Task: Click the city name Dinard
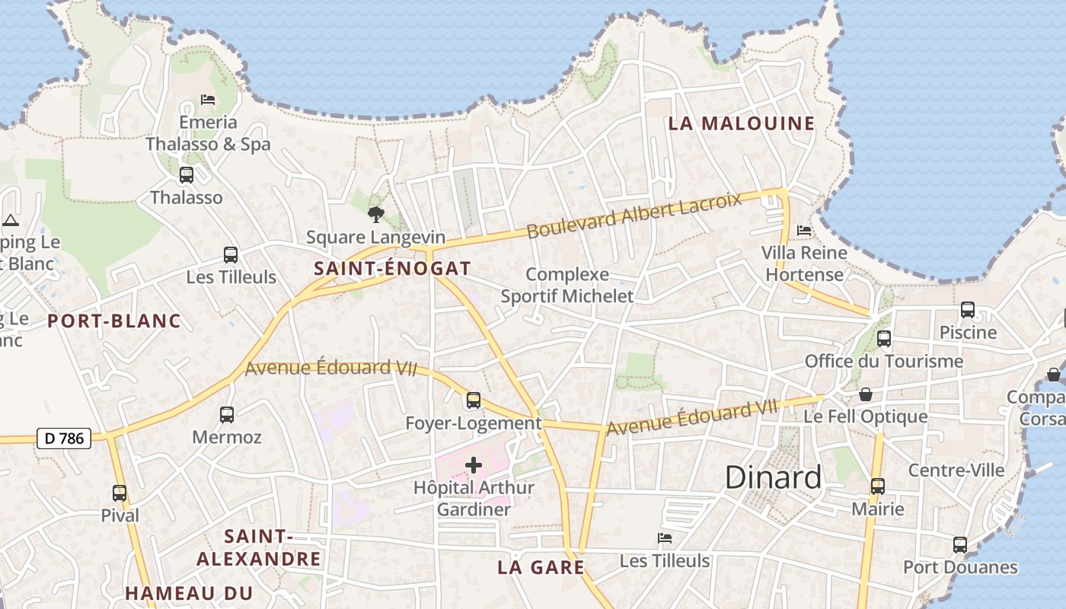coord(773,477)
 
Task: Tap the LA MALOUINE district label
coord(741,123)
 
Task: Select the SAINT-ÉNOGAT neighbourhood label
coord(392,268)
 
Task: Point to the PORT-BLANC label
coord(114,320)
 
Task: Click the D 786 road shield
coord(64,438)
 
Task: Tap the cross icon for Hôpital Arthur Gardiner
coord(474,465)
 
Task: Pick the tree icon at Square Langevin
coord(375,214)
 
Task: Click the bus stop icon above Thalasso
coord(187,175)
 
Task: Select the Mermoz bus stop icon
coord(227,414)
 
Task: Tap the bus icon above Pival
coord(120,493)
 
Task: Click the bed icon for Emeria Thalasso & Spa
coord(207,100)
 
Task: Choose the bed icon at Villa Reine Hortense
coord(803,230)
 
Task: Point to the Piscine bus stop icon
coord(968,310)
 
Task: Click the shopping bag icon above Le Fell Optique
coord(866,394)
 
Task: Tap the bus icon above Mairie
coord(878,486)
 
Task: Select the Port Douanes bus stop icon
coord(960,545)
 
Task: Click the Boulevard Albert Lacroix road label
coord(634,215)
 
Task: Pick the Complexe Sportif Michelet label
coord(567,285)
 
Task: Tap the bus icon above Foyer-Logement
coord(474,400)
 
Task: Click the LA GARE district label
coord(541,567)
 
